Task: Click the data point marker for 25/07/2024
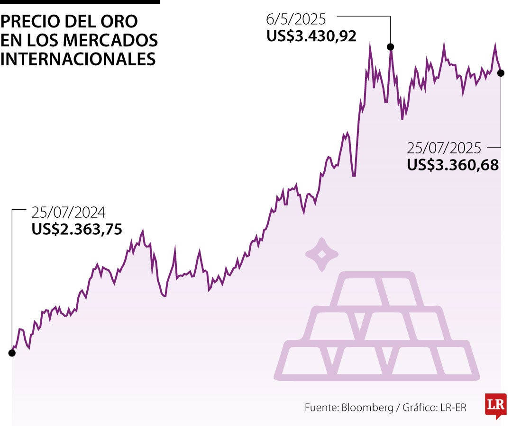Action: (12, 353)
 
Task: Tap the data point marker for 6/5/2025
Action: (390, 46)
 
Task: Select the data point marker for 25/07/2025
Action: (501, 73)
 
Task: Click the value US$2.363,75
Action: (77, 229)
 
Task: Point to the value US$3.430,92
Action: (311, 36)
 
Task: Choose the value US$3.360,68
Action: (453, 165)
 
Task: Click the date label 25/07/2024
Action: (68, 212)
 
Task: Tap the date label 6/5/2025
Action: (296, 19)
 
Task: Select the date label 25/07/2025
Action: (444, 148)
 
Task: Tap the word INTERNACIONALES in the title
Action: (78, 59)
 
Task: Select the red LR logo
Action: (495, 405)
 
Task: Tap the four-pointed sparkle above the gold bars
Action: (321, 254)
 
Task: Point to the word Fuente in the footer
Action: (321, 408)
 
